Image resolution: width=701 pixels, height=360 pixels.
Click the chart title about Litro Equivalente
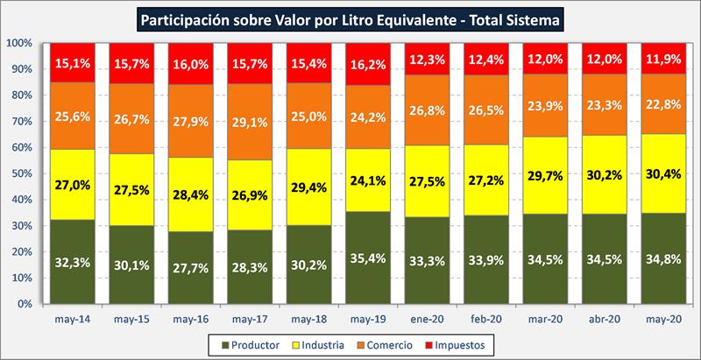[x=350, y=17]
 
